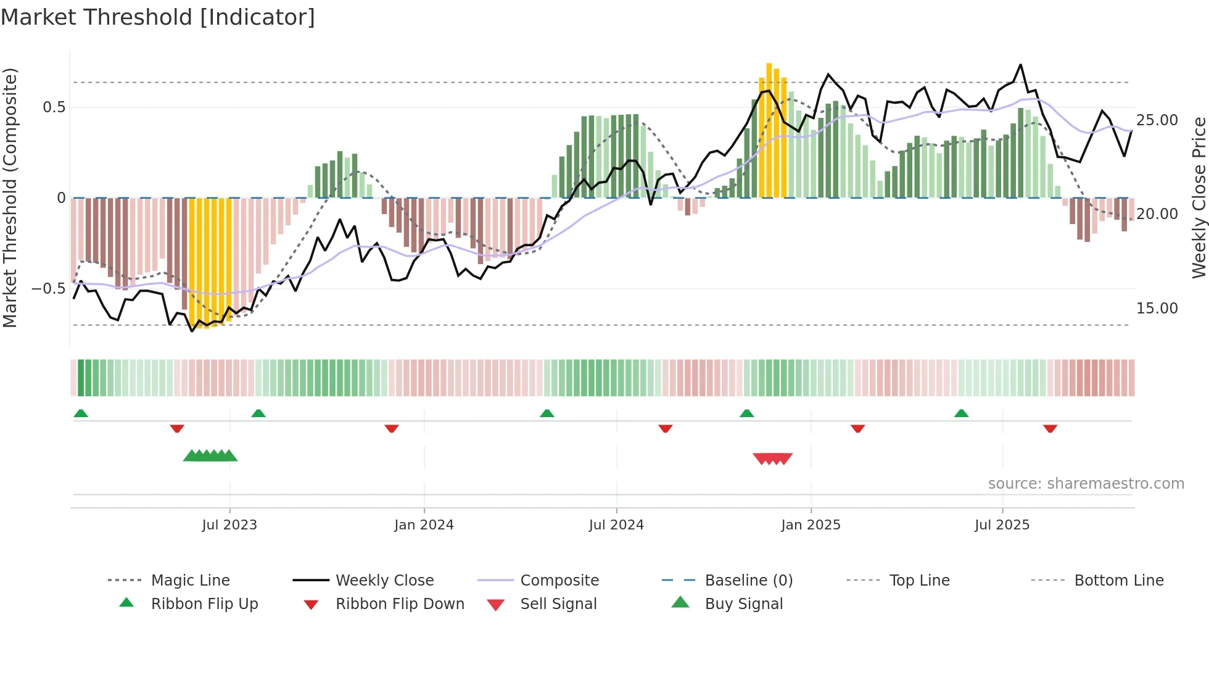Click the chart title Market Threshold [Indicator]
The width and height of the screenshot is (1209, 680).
coord(158,17)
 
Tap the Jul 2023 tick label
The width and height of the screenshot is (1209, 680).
coord(229,525)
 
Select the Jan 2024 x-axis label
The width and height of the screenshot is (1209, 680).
coord(424,525)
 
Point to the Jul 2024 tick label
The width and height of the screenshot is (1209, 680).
coord(616,525)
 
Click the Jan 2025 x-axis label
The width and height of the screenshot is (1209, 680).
coord(811,525)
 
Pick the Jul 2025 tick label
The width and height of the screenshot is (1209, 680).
coord(1002,525)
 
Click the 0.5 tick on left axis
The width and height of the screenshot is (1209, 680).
coord(54,107)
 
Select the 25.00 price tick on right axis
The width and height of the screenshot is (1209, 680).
coord(1157,120)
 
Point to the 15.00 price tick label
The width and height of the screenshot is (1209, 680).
coord(1157,309)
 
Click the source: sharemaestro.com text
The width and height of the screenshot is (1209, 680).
coord(1086,484)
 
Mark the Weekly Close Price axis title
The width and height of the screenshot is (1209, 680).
coord(1199,197)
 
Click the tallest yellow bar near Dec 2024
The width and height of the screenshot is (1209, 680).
coord(769,130)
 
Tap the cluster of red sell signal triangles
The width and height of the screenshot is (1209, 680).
coord(773,458)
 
